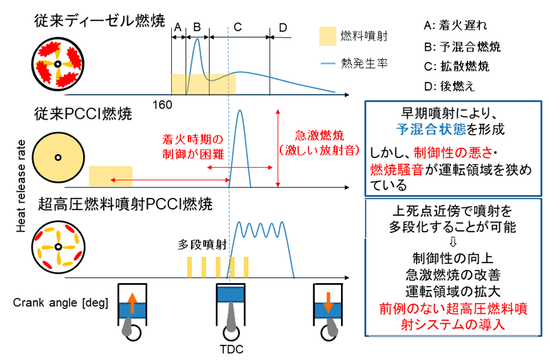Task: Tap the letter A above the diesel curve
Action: click(x=177, y=27)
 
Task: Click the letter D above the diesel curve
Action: click(x=283, y=27)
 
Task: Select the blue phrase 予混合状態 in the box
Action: click(x=428, y=128)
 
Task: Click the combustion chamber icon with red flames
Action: click(x=58, y=66)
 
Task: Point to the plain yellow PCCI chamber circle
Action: click(x=58, y=158)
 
